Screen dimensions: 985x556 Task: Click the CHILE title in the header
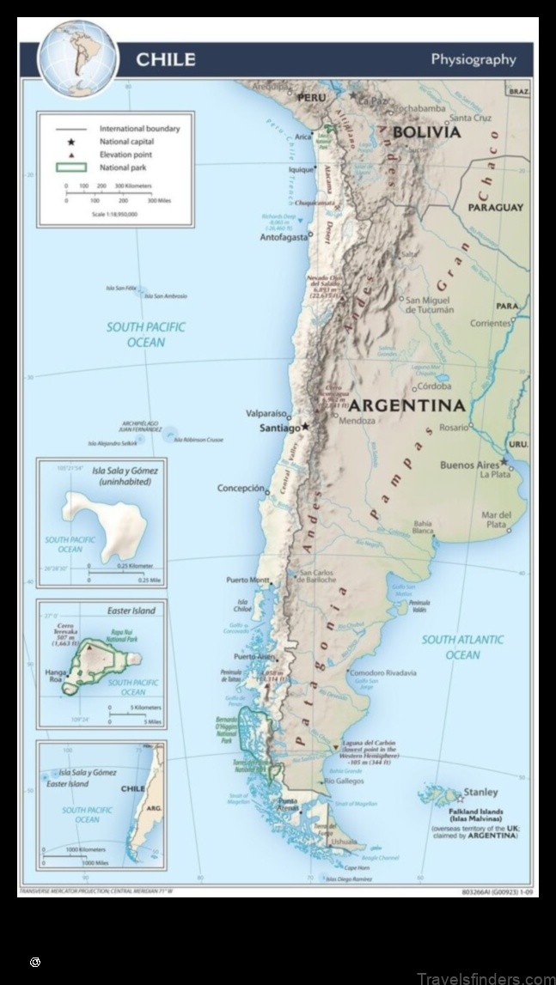pos(165,59)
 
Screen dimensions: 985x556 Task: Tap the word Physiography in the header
pos(474,59)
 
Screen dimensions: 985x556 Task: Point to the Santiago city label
pos(279,428)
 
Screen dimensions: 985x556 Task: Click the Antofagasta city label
pos(283,237)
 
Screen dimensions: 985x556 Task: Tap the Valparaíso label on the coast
pos(266,412)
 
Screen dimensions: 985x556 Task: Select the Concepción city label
pos(241,488)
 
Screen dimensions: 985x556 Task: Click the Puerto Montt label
pos(247,581)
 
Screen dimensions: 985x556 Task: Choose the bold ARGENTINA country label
pos(406,404)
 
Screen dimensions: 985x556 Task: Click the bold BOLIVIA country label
pos(426,132)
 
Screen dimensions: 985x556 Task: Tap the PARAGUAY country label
pos(495,208)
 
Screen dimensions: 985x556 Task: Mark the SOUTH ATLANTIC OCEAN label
pos(462,648)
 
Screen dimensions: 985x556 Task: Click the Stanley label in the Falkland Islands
pos(480,792)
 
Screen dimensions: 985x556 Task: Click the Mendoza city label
pos(357,422)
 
